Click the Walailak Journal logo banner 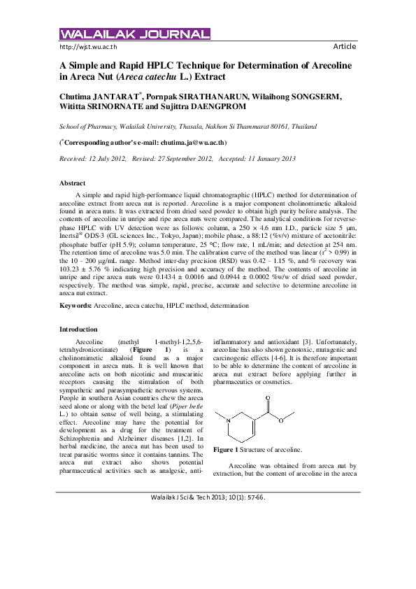pyautogui.click(x=134, y=34)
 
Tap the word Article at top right pyautogui.click(x=345, y=46)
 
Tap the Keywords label pyautogui.click(x=75, y=306)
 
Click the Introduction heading pyautogui.click(x=79, y=329)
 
